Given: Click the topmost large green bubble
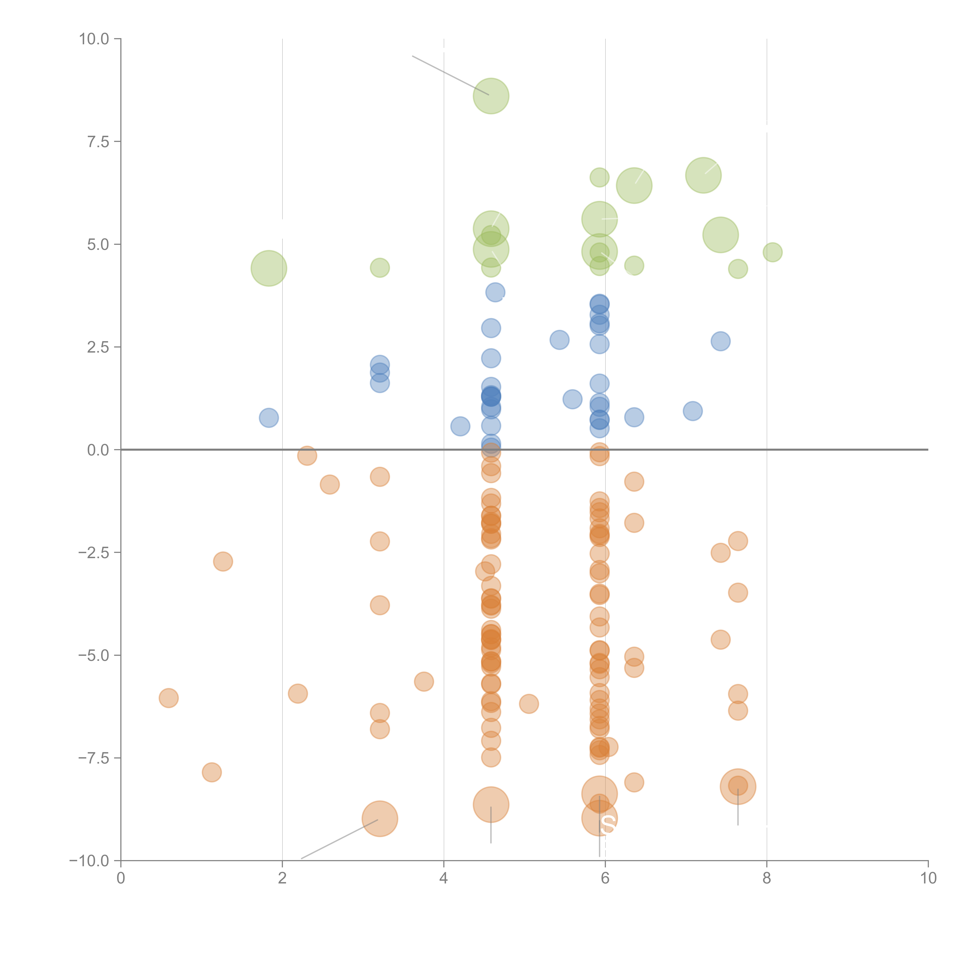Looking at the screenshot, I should [x=491, y=96].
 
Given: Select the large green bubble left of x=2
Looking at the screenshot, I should [x=269, y=268].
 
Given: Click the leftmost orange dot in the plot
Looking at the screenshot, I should [x=169, y=698].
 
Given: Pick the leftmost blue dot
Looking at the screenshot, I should [x=269, y=417].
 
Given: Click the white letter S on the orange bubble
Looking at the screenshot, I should [x=608, y=824].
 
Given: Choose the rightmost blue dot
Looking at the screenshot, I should [x=720, y=341].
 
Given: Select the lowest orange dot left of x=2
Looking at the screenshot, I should [x=212, y=772].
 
